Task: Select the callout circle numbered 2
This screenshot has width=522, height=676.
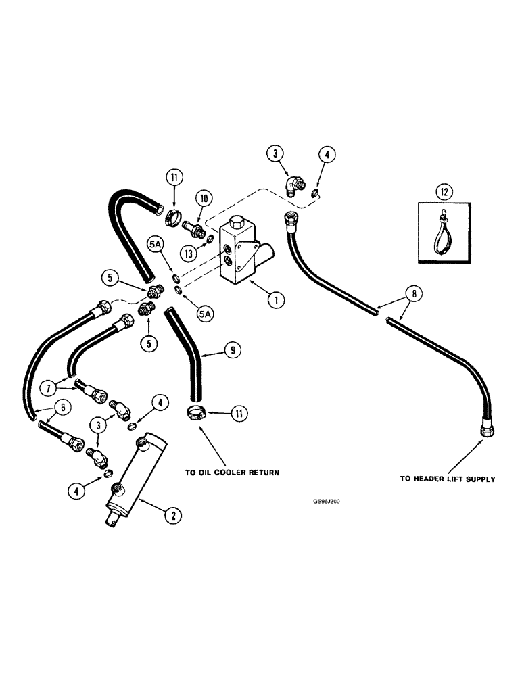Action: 172,515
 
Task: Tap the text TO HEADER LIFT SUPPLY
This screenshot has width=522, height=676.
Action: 447,479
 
